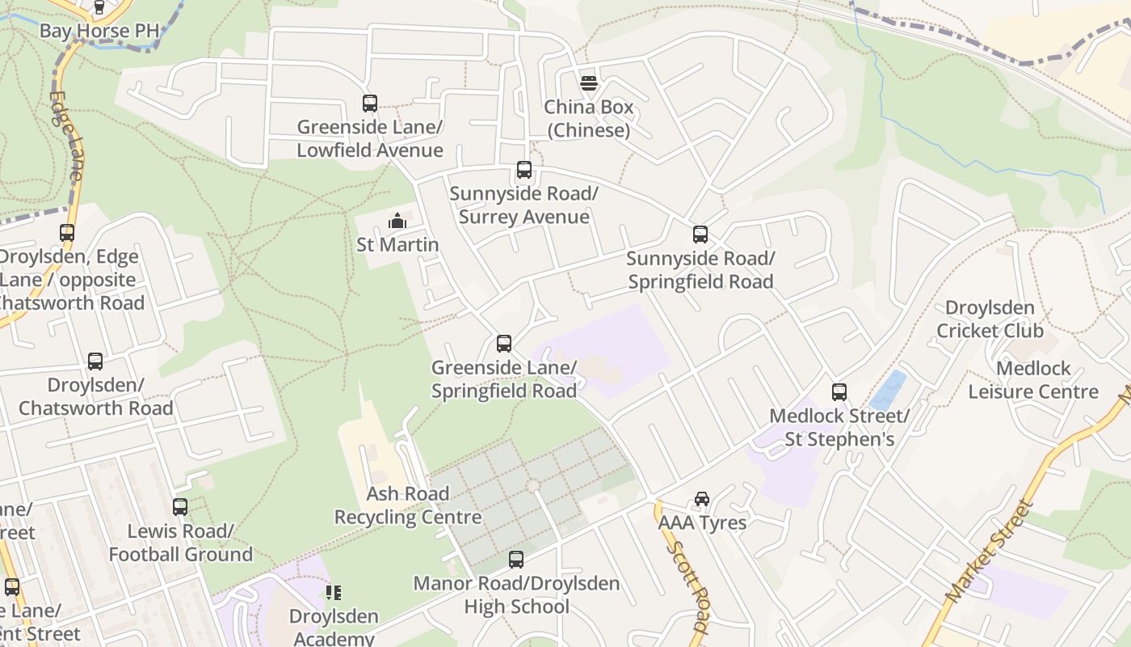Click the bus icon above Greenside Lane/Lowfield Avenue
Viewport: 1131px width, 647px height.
pyautogui.click(x=370, y=104)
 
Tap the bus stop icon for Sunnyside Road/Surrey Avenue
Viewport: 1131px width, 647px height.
pyautogui.click(x=524, y=170)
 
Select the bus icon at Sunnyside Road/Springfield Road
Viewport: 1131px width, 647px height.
pyautogui.click(x=700, y=235)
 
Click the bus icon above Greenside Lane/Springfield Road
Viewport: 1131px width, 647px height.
pyautogui.click(x=504, y=344)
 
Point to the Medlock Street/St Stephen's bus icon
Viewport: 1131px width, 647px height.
pyautogui.click(x=839, y=392)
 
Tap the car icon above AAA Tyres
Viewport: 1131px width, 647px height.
pyautogui.click(x=702, y=499)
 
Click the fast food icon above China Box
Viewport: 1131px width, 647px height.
pyautogui.click(x=588, y=82)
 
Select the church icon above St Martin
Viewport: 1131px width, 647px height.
pyautogui.click(x=397, y=221)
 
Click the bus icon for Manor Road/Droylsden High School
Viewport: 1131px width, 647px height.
pyautogui.click(x=516, y=560)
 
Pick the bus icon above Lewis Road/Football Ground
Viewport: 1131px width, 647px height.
pyautogui.click(x=180, y=507)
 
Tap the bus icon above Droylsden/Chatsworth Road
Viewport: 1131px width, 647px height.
pyautogui.click(x=95, y=362)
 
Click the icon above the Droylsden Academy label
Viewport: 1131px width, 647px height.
pyautogui.click(x=334, y=593)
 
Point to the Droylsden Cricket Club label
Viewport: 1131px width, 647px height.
pyautogui.click(x=990, y=319)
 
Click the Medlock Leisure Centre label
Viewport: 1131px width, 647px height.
pyautogui.click(x=1033, y=380)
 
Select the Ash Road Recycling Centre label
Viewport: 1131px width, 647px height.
pyautogui.click(x=408, y=505)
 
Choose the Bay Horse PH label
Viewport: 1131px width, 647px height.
pyautogui.click(x=99, y=31)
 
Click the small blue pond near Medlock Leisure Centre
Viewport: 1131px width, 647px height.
pyautogui.click(x=889, y=390)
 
